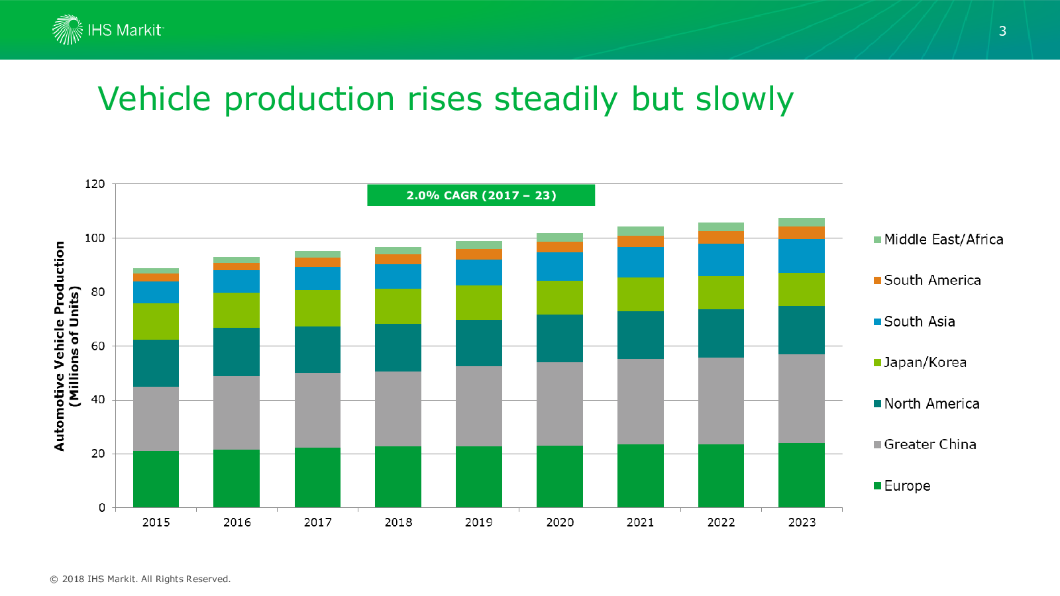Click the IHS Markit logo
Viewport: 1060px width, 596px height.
tap(108, 30)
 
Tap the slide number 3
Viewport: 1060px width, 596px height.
tap(1002, 31)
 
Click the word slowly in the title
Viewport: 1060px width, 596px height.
tap(744, 99)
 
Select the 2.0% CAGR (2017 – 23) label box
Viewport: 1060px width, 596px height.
tap(481, 195)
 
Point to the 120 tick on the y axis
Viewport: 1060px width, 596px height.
tap(95, 184)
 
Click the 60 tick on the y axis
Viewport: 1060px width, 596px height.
tap(97, 346)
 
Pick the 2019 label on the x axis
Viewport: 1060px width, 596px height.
tap(478, 522)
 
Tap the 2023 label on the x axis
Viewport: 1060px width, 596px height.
tap(802, 522)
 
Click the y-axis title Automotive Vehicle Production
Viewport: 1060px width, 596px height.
tap(60, 346)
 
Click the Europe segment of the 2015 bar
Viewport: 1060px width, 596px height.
tap(156, 479)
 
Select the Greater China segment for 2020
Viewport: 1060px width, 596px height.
tap(560, 404)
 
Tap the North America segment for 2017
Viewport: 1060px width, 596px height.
tap(317, 350)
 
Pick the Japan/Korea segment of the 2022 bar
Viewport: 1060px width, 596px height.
tap(721, 293)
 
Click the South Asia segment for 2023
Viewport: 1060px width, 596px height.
tap(802, 256)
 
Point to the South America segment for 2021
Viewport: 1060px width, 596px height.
tap(640, 242)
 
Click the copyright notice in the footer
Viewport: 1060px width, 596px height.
tap(140, 579)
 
